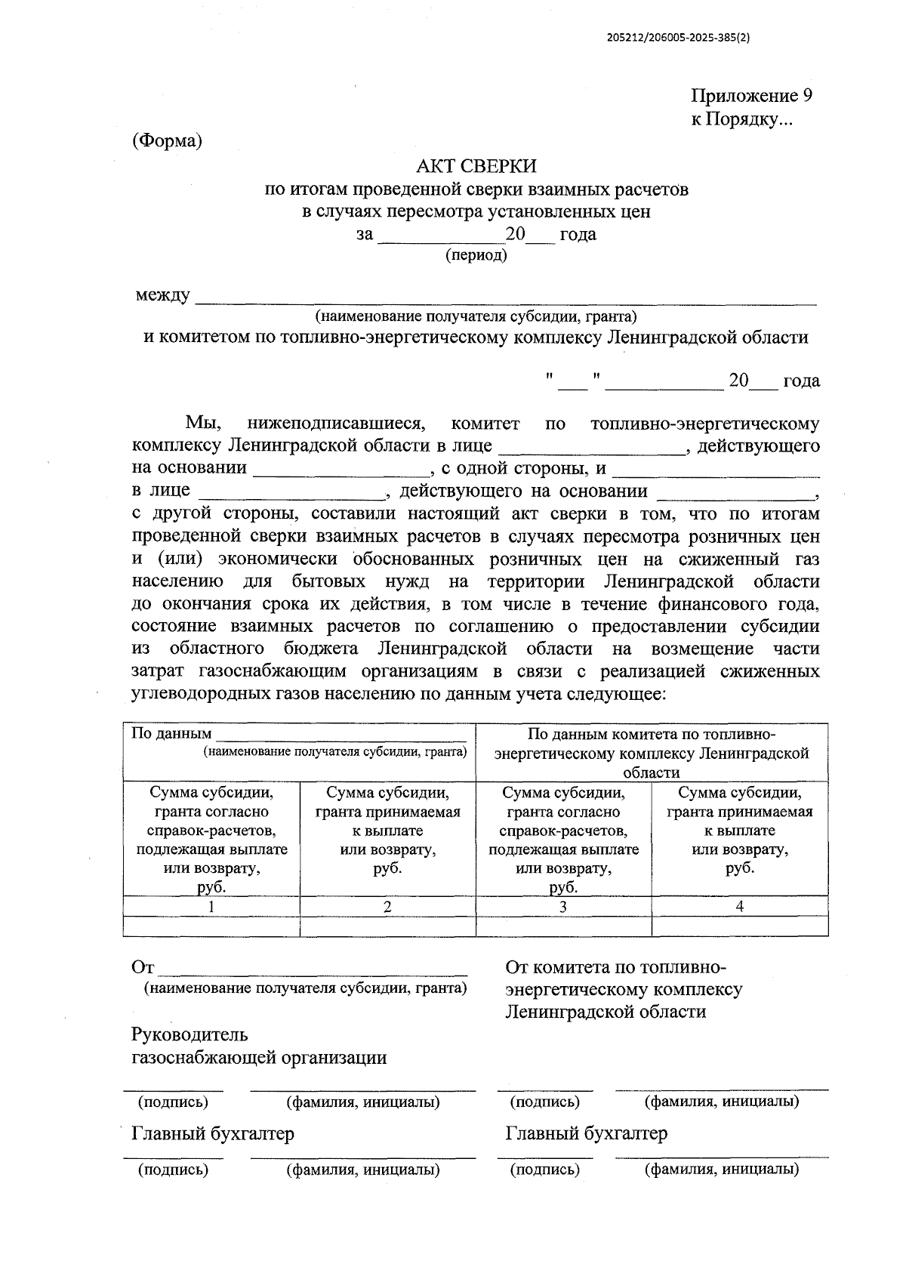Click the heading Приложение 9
pos(751,96)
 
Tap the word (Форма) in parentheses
pos(167,140)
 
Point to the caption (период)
pos(476,255)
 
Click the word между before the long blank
pos(162,295)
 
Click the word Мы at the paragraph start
pos(203,424)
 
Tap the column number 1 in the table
pos(211,907)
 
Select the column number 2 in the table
pos(387,907)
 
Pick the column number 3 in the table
pos(563,907)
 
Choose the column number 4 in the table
pos(739,907)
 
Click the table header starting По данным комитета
pos(651,753)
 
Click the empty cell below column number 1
pos(211,926)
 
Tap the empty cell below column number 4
pos(739,926)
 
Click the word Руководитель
pos(190,1034)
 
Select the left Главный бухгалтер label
pos(213,1133)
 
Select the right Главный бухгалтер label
pos(587,1133)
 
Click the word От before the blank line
pos(143,968)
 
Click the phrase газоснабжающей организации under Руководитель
pos(259,1058)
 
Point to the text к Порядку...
pos(741,119)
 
